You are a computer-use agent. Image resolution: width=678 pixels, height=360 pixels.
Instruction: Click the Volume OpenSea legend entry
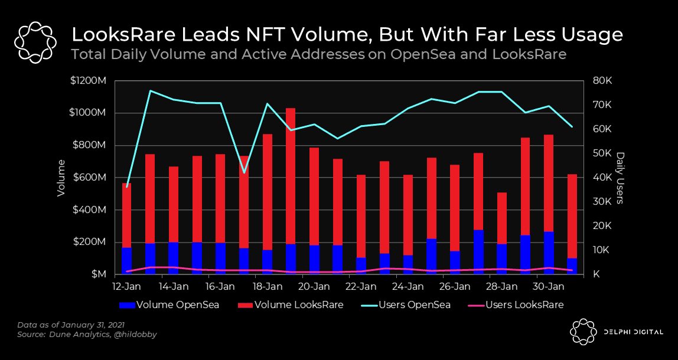click(x=169, y=305)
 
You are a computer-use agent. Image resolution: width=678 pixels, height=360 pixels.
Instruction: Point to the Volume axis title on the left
click(x=61, y=178)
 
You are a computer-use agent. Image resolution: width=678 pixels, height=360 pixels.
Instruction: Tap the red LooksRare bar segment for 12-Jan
click(x=127, y=215)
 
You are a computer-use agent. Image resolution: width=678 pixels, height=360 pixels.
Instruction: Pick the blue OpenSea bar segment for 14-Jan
click(x=174, y=258)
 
